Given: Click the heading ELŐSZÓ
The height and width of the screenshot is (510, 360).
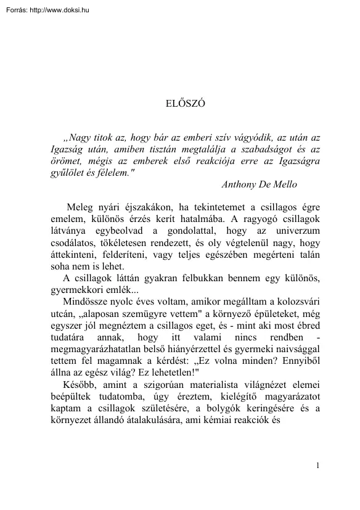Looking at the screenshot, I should tap(180, 104).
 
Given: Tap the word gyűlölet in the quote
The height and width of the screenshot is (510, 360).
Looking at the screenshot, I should tap(67, 173).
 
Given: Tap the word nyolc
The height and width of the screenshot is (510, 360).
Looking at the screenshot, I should tap(123, 302).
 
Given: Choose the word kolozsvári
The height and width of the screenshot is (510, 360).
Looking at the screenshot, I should tap(298, 302).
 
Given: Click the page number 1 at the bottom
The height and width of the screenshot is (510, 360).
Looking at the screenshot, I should tap(317, 483).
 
